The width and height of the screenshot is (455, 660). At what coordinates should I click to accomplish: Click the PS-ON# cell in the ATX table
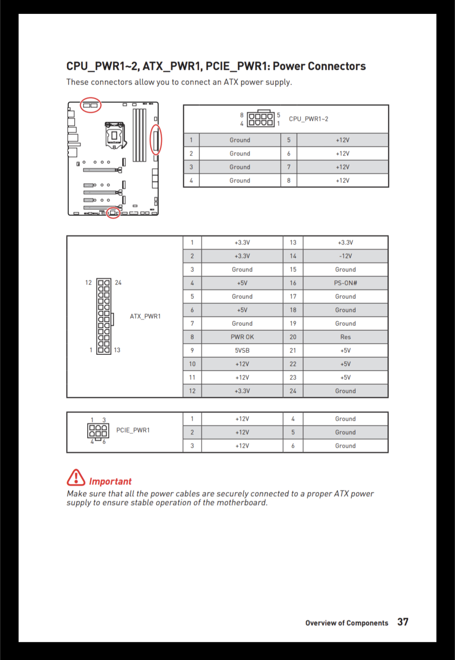pyautogui.click(x=345, y=283)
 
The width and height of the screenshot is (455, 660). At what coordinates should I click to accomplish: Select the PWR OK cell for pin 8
pyautogui.click(x=242, y=337)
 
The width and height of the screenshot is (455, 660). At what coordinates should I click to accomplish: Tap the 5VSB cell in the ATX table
pyautogui.click(x=242, y=350)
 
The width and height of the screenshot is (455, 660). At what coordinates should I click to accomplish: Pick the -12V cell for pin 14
pyautogui.click(x=345, y=256)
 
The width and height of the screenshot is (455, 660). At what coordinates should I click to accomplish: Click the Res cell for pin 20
pyautogui.click(x=345, y=337)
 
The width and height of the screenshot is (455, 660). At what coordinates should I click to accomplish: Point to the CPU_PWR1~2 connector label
pyautogui.click(x=308, y=119)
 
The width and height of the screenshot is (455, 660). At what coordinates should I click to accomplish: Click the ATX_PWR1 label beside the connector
pyautogui.click(x=145, y=316)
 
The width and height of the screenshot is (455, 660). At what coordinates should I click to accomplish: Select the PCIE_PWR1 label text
pyautogui.click(x=133, y=430)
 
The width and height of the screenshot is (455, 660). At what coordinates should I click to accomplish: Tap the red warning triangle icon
pyautogui.click(x=76, y=478)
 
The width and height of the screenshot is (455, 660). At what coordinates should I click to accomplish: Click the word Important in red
pyautogui.click(x=110, y=481)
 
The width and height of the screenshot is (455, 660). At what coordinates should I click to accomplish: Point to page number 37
pyautogui.click(x=403, y=622)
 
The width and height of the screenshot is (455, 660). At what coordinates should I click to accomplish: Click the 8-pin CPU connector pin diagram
pyautogui.click(x=260, y=119)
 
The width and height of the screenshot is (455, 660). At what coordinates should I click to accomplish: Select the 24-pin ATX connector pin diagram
pyautogui.click(x=104, y=316)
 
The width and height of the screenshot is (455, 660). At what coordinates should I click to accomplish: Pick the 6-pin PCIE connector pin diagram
pyautogui.click(x=98, y=430)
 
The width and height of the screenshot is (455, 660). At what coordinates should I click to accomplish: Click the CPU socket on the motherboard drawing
pyautogui.click(x=115, y=135)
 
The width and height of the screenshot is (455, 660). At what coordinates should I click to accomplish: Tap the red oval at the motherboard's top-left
pyautogui.click(x=91, y=105)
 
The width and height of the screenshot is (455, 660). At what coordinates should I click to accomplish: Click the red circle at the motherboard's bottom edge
pyautogui.click(x=113, y=213)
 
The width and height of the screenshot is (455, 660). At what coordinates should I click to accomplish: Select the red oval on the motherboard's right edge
pyautogui.click(x=156, y=140)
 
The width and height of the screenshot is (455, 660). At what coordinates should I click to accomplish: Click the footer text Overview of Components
pyautogui.click(x=347, y=623)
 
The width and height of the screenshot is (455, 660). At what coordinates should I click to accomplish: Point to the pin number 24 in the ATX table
pyautogui.click(x=293, y=391)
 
